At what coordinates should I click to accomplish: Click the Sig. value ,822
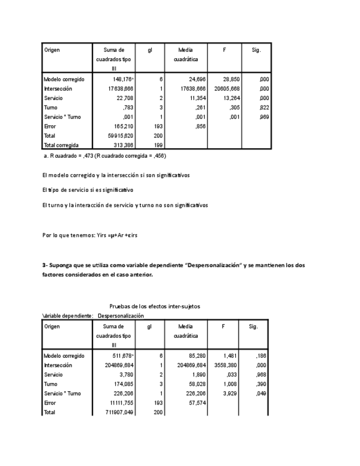tap(263, 108)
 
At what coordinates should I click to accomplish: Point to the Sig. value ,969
tap(263, 117)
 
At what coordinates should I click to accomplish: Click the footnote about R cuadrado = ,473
tap(104, 156)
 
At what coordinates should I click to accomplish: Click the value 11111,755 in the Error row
tap(121, 402)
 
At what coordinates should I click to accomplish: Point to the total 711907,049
tap(121, 412)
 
